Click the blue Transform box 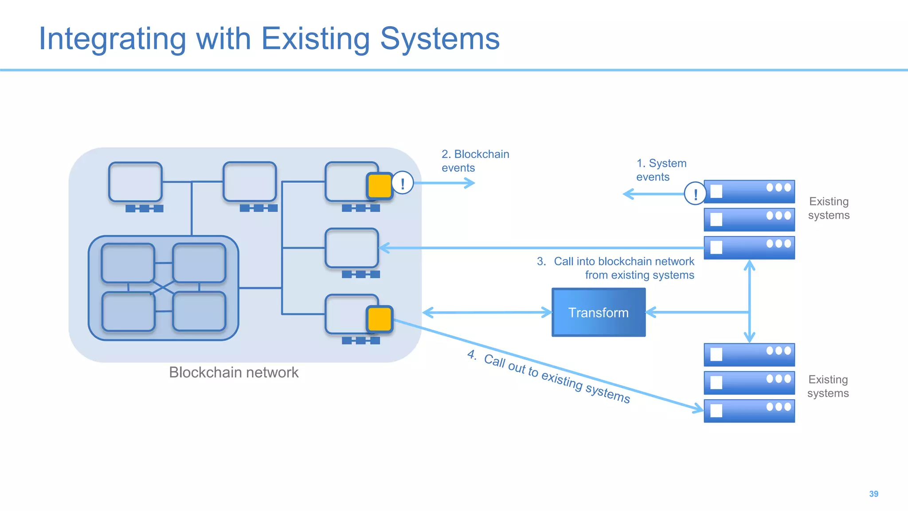[x=598, y=312]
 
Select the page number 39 [x=873, y=494]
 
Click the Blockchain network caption [x=234, y=372]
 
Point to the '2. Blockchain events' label [x=474, y=161]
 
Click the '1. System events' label [x=661, y=170]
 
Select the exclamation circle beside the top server [x=695, y=193]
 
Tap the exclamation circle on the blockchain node [x=403, y=183]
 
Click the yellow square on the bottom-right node [x=380, y=318]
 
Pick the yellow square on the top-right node [x=380, y=185]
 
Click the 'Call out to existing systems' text [x=556, y=378]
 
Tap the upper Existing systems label [x=828, y=208]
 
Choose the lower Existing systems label [x=827, y=386]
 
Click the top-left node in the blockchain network [x=135, y=182]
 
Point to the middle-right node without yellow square [x=352, y=248]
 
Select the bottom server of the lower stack [x=749, y=411]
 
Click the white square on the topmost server [x=716, y=191]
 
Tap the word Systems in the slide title [x=439, y=39]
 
